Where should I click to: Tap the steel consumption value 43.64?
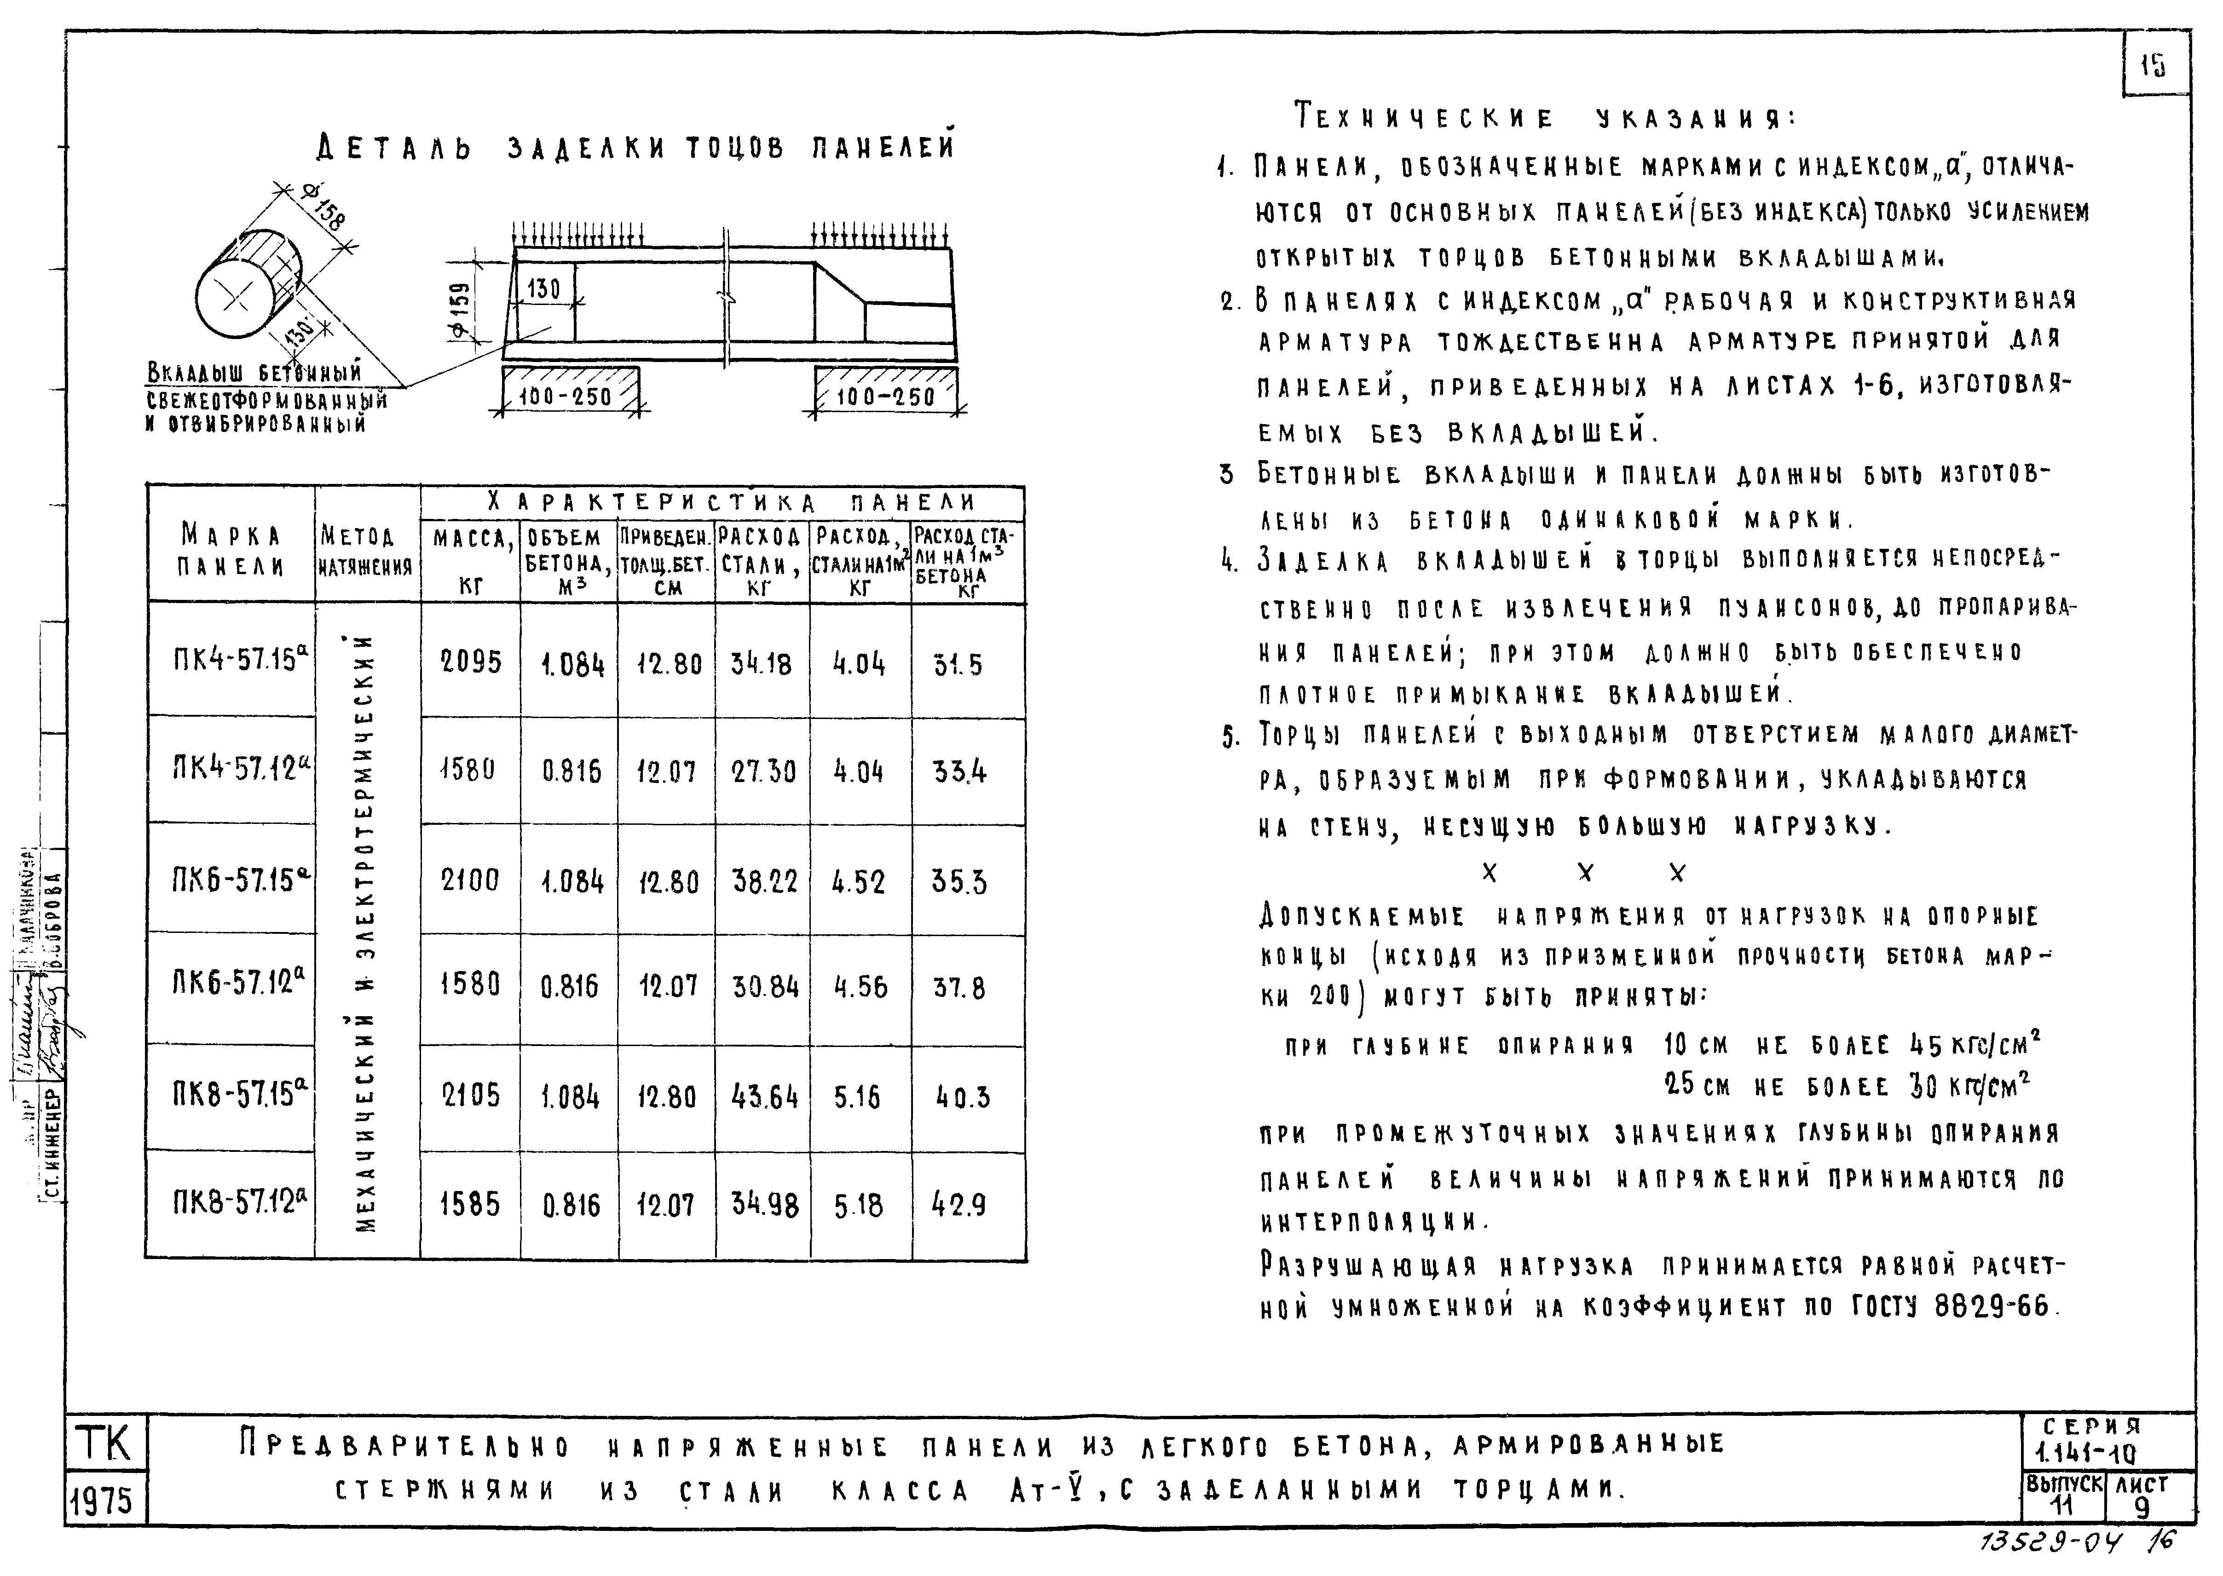pos(764,1097)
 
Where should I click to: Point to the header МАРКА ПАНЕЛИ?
pos(231,549)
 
